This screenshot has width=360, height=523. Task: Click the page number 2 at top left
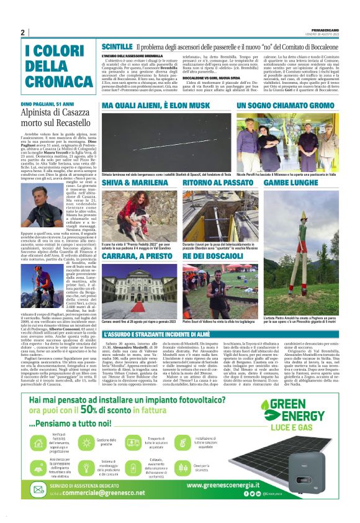[x=22, y=32]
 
